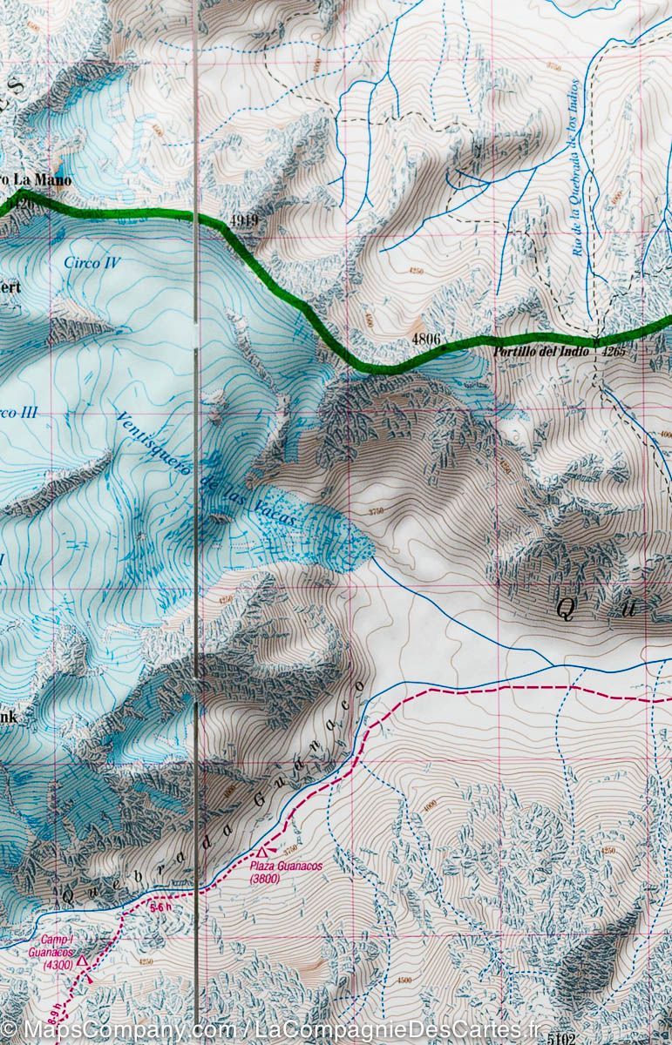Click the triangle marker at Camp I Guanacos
click(81, 961)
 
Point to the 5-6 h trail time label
click(160, 908)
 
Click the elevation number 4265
click(614, 354)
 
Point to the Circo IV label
click(92, 262)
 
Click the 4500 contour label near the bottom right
click(404, 980)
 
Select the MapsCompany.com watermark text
click(113, 1030)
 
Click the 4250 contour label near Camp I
click(145, 961)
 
